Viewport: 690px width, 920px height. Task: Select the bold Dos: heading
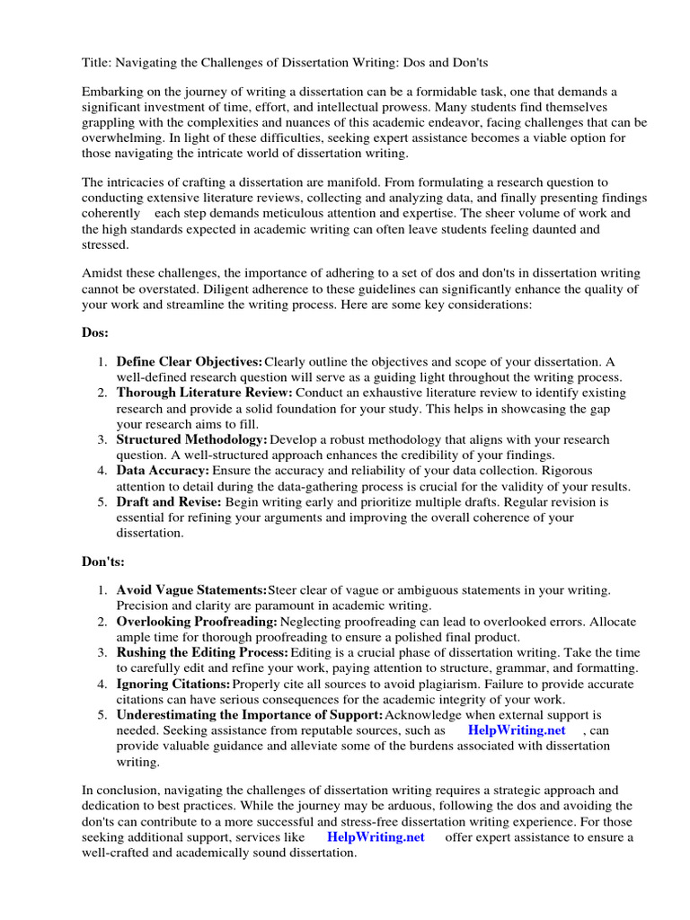point(95,332)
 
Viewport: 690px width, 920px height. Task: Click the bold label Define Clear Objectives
point(190,361)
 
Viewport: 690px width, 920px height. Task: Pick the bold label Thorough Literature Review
point(205,393)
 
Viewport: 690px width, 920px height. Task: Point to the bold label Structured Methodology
point(191,439)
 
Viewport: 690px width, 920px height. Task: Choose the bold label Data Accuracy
point(163,470)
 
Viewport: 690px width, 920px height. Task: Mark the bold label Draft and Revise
point(169,501)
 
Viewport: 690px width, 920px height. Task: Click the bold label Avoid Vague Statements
point(191,589)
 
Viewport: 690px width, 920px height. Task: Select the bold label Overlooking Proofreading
point(198,621)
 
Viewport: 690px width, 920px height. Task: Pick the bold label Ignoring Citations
point(173,683)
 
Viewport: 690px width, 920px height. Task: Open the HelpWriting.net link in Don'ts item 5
point(517,730)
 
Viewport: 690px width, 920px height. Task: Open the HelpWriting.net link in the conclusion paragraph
point(376,836)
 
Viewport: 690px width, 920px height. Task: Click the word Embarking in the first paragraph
point(112,93)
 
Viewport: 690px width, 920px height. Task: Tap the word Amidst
point(102,273)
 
